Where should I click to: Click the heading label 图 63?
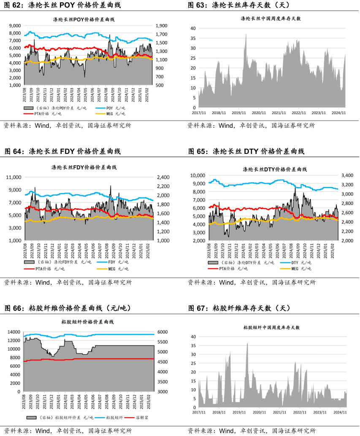[199, 5]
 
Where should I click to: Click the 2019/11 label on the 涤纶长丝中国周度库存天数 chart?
[239, 113]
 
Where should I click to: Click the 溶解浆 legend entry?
[142, 417]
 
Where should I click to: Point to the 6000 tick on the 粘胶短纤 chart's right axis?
[162, 332]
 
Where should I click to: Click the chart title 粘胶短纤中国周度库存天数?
[271, 327]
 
